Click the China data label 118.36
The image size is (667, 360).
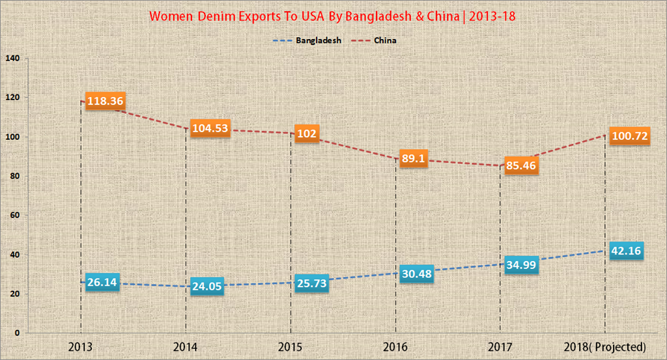(104, 102)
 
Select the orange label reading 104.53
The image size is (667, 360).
(210, 128)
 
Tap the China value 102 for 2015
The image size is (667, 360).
(306, 134)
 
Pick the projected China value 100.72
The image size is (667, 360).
(629, 137)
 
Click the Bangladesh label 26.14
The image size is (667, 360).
(103, 283)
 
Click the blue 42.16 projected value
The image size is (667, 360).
(627, 251)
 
